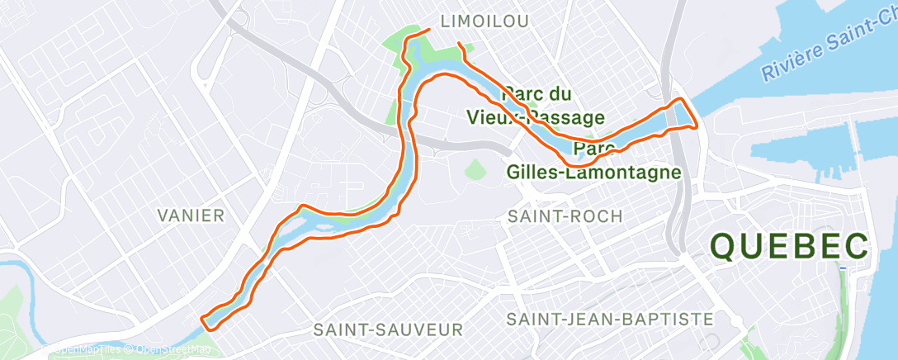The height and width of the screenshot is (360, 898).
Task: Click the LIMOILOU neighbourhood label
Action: [x=485, y=20]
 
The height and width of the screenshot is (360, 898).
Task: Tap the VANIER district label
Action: [x=191, y=216]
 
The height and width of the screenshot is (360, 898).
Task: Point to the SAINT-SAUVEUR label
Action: [x=388, y=329]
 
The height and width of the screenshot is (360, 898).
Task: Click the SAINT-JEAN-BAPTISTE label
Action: [x=610, y=319]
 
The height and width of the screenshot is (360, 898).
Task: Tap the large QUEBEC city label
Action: [x=790, y=247]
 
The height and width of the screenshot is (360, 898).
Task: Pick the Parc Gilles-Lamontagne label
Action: [x=594, y=161]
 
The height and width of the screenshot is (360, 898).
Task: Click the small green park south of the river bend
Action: [x=474, y=170]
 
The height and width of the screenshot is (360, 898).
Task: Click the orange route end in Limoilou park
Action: [x=429, y=30]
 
